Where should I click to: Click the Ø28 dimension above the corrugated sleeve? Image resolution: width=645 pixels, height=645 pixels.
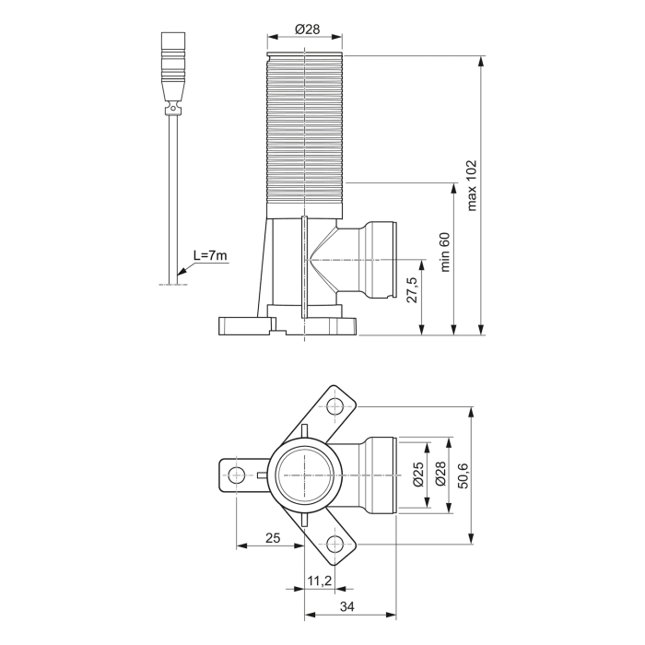click(x=307, y=29)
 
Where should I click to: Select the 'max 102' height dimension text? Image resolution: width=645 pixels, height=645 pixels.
click(x=472, y=185)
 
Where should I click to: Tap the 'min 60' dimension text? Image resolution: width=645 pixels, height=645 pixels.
click(x=445, y=250)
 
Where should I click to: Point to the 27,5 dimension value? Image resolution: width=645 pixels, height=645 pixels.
click(x=412, y=288)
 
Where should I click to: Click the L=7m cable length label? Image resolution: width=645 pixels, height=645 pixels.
click(x=210, y=255)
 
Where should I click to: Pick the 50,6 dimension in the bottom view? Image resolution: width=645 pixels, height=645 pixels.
click(x=463, y=475)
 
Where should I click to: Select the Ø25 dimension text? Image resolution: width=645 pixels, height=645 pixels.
click(x=417, y=474)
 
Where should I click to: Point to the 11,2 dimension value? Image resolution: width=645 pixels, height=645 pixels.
click(x=319, y=580)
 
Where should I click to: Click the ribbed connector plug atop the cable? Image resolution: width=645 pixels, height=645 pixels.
click(x=172, y=68)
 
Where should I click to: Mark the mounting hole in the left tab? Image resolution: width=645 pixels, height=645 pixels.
click(x=237, y=475)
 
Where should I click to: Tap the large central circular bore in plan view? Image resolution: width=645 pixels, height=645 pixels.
click(x=304, y=475)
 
